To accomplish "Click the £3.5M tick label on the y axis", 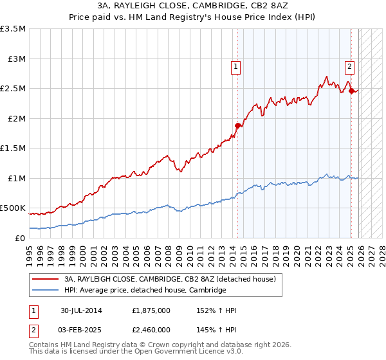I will [13, 29].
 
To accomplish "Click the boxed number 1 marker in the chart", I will [235, 65].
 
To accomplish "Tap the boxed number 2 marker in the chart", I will [349, 65].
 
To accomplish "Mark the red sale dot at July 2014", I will [237, 126].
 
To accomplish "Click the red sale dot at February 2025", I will [351, 91].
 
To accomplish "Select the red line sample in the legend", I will [45, 279].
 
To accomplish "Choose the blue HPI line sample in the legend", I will [45, 291].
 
